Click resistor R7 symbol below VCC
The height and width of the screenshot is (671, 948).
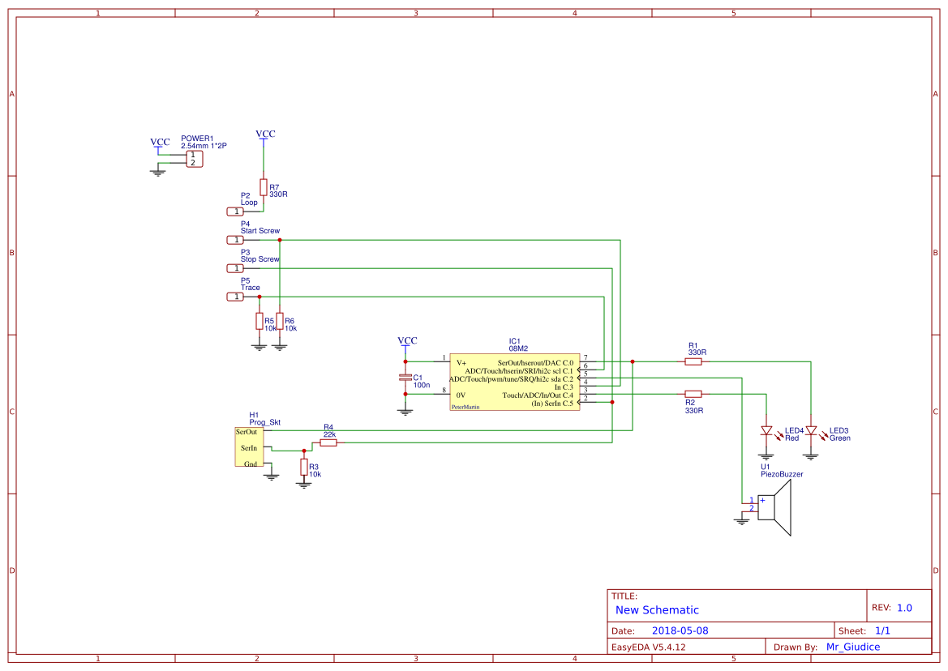263,186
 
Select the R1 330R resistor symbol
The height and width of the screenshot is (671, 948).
693,362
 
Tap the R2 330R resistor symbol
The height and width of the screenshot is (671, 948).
693,394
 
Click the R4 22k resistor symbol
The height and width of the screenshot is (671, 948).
328,443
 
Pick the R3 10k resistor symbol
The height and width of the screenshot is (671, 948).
304,467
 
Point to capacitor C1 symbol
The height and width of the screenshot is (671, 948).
405,378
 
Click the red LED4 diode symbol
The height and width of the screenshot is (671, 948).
766,430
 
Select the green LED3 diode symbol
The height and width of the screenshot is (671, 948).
810,430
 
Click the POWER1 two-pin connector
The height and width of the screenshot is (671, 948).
193,159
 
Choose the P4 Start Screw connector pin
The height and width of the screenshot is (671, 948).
234,240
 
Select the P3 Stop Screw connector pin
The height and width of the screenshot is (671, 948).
234,268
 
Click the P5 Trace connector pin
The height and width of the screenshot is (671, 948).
234,297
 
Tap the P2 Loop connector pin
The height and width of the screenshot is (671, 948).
234,212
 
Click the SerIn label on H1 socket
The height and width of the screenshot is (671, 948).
248,447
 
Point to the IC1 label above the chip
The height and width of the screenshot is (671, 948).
514,340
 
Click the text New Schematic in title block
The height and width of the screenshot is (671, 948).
657,610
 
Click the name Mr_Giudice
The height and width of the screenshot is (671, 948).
852,647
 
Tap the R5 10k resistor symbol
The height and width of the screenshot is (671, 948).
260,321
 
